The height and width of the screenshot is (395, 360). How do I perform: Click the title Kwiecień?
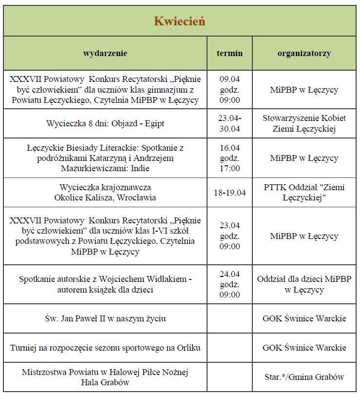[179, 21]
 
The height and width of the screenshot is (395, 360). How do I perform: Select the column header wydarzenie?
[105, 53]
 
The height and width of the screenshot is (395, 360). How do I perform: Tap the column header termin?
[229, 53]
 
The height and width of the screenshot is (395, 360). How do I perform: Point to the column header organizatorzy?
[304, 53]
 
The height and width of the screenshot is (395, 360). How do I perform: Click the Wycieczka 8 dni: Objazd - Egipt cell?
[105, 123]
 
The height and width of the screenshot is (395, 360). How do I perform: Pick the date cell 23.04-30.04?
[229, 124]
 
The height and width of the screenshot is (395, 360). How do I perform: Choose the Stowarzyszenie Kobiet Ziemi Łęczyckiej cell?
[304, 124]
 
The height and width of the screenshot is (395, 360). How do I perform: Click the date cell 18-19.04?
[229, 192]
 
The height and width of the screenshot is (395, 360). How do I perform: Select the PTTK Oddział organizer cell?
[304, 192]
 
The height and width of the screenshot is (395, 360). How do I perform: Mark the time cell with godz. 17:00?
[229, 158]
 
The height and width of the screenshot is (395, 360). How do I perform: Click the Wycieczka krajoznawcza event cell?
[105, 192]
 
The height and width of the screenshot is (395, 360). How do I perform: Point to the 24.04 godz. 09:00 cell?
[229, 285]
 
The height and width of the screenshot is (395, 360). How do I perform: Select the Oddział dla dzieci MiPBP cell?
[304, 285]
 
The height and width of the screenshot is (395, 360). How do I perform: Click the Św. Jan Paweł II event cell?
[105, 318]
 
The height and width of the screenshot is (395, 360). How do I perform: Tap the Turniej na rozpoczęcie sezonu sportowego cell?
[105, 348]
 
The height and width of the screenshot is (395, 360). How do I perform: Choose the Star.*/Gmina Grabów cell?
[304, 377]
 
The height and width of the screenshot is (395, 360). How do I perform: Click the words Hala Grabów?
[105, 382]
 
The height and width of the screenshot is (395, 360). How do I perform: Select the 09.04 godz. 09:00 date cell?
[229, 90]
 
